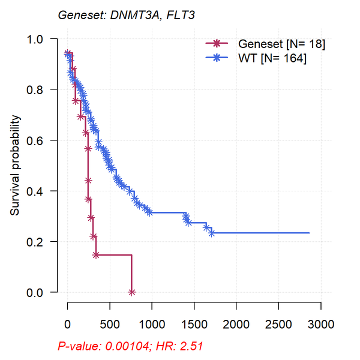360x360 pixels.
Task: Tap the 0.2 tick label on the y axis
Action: pos(42,242)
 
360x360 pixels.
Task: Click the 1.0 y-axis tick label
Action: pos(42,39)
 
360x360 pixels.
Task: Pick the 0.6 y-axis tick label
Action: pos(42,140)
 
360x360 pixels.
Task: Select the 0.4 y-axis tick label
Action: pos(42,191)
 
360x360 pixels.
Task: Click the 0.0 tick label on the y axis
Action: pos(42,292)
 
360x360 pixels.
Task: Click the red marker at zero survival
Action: pos(131,292)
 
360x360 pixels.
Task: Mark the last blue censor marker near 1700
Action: pos(211,233)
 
